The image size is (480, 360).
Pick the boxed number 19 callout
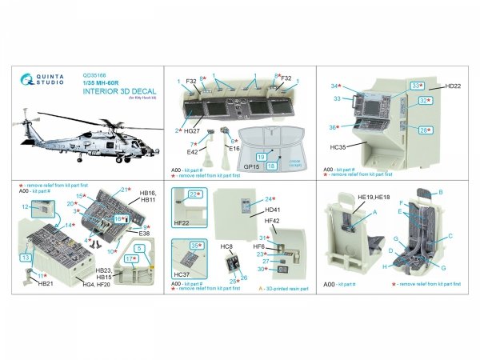click(261, 158)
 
